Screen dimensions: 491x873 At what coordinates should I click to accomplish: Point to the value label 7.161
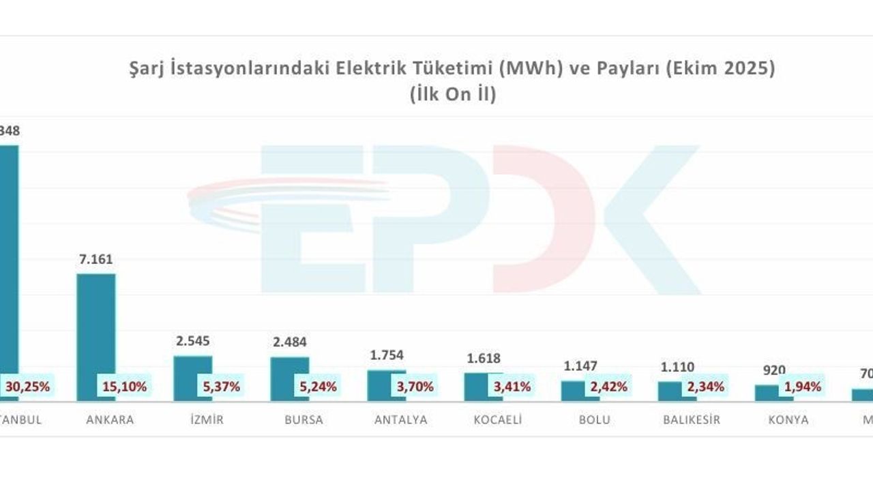(96, 259)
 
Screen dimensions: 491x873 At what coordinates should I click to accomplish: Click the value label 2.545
(193, 341)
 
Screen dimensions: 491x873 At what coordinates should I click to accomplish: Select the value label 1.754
(387, 355)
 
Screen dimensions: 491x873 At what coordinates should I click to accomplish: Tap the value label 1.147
(580, 366)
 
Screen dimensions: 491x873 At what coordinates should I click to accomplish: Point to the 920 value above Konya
(774, 370)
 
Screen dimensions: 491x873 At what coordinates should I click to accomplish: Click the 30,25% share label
(27, 387)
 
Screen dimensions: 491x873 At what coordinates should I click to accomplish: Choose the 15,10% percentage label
(124, 387)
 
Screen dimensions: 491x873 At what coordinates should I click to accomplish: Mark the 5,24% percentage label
(318, 387)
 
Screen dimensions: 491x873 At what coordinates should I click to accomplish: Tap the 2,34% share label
(705, 387)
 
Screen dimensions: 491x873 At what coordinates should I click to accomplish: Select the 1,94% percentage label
(802, 387)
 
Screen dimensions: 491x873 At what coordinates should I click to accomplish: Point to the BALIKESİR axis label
(692, 420)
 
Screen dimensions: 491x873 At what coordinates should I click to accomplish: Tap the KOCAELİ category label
(498, 420)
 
